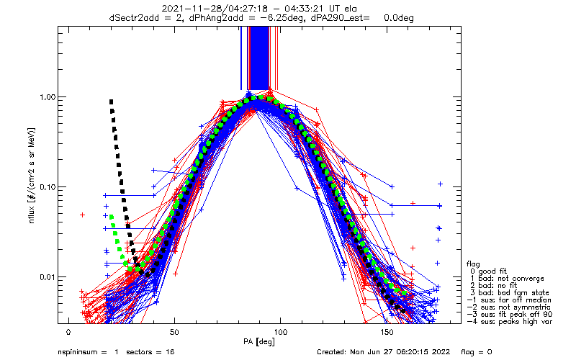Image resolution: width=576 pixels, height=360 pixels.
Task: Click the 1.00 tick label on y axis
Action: (47, 97)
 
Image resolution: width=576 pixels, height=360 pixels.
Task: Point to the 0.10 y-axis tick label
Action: (47, 187)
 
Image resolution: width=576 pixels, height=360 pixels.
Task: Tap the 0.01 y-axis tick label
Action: (47, 277)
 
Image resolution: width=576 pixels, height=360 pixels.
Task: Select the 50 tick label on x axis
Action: (174, 332)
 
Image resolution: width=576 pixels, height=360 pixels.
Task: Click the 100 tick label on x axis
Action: (280, 332)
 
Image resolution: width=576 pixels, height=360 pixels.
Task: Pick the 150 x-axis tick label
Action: (387, 332)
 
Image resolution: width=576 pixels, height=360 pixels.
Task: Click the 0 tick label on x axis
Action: (68, 332)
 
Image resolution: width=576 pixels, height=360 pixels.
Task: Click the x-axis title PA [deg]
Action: (259, 342)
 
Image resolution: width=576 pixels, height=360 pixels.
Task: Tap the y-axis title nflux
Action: (32, 215)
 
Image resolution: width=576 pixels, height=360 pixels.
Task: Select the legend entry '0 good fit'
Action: (488, 271)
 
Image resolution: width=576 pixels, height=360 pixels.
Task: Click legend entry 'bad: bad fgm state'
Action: (510, 293)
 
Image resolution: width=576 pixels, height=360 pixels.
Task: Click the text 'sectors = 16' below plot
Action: (150, 352)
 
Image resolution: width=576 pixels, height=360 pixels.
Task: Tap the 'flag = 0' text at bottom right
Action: (476, 352)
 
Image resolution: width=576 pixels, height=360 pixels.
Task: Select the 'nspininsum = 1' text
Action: (88, 352)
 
